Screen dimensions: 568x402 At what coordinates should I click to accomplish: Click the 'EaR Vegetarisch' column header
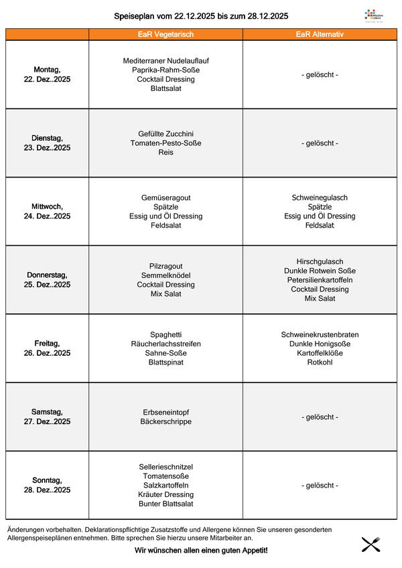point(165,34)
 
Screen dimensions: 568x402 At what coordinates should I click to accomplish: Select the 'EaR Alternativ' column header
point(320,34)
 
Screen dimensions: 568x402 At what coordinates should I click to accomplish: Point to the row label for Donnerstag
point(47,279)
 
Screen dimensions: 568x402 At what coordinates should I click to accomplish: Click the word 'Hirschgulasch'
point(320,261)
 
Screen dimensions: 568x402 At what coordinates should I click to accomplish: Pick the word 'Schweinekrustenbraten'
point(320,334)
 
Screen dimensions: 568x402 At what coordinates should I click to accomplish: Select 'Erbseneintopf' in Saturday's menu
point(165,412)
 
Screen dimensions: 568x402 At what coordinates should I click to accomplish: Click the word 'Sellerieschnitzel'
point(165,466)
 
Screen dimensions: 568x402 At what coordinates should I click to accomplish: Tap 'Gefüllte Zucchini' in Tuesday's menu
point(165,134)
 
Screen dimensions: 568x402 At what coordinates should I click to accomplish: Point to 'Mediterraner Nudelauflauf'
point(165,60)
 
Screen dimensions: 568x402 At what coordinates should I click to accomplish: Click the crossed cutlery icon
point(371,544)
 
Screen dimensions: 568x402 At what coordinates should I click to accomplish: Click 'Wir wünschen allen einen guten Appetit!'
point(201,550)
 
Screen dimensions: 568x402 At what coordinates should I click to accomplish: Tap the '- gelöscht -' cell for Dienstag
point(320,143)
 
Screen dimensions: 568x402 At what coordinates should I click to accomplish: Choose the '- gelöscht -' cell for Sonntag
point(320,485)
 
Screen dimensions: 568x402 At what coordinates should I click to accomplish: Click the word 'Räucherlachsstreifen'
point(165,344)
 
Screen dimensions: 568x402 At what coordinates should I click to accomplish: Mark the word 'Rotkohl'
point(320,362)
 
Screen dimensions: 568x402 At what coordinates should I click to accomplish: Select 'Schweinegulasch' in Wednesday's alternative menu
point(320,198)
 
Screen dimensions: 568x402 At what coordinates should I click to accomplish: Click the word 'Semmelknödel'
point(165,275)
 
